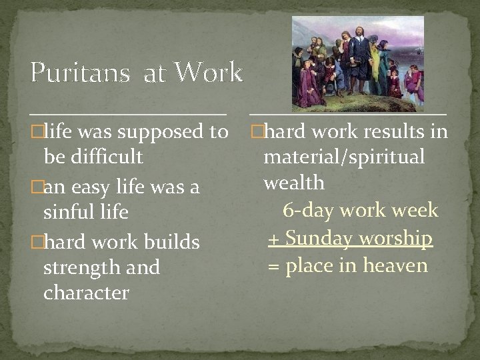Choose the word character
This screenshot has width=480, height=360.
pyautogui.click(x=86, y=293)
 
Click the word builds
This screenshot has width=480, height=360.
pyautogui.click(x=169, y=241)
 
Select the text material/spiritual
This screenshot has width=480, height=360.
pyautogui.click(x=344, y=157)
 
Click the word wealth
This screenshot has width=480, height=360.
pyautogui.click(x=294, y=182)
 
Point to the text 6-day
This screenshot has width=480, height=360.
pyautogui.click(x=307, y=211)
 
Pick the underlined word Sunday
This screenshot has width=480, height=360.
pyautogui.click(x=319, y=238)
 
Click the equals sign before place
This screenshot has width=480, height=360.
pyautogui.click(x=273, y=266)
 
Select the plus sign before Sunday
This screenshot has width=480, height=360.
pyautogui.click(x=273, y=239)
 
